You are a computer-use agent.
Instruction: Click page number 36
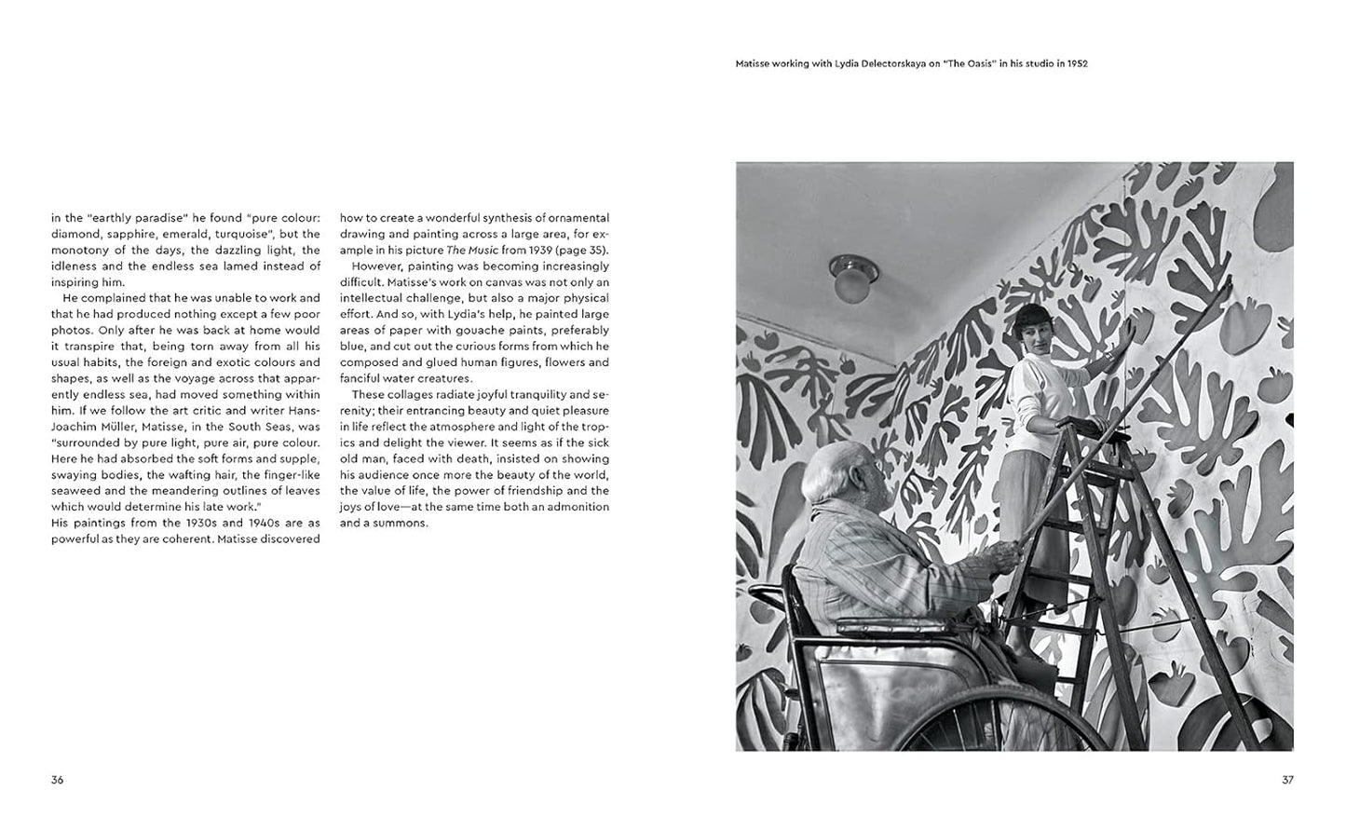coord(57,780)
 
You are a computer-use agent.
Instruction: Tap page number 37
coord(1287,780)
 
